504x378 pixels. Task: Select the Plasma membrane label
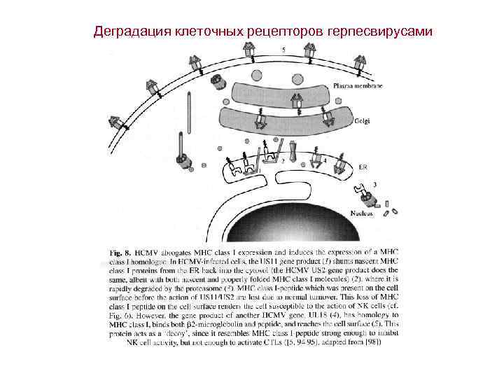[358, 86]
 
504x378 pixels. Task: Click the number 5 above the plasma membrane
[283, 50]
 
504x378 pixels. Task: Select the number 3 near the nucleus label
[375, 184]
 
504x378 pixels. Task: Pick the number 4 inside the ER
[324, 160]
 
